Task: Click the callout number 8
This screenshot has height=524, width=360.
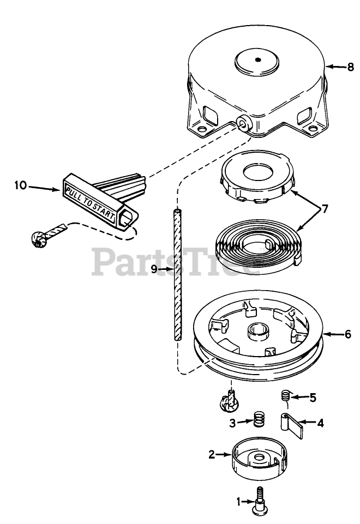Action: coord(350,67)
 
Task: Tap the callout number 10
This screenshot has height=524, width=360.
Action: coord(20,186)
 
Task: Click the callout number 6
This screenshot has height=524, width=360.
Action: coord(347,334)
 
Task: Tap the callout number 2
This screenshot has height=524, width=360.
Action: coord(212,453)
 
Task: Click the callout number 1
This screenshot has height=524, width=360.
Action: coord(238,501)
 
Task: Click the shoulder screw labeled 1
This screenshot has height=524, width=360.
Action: coord(261,501)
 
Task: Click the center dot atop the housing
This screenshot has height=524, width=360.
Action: coord(258,60)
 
